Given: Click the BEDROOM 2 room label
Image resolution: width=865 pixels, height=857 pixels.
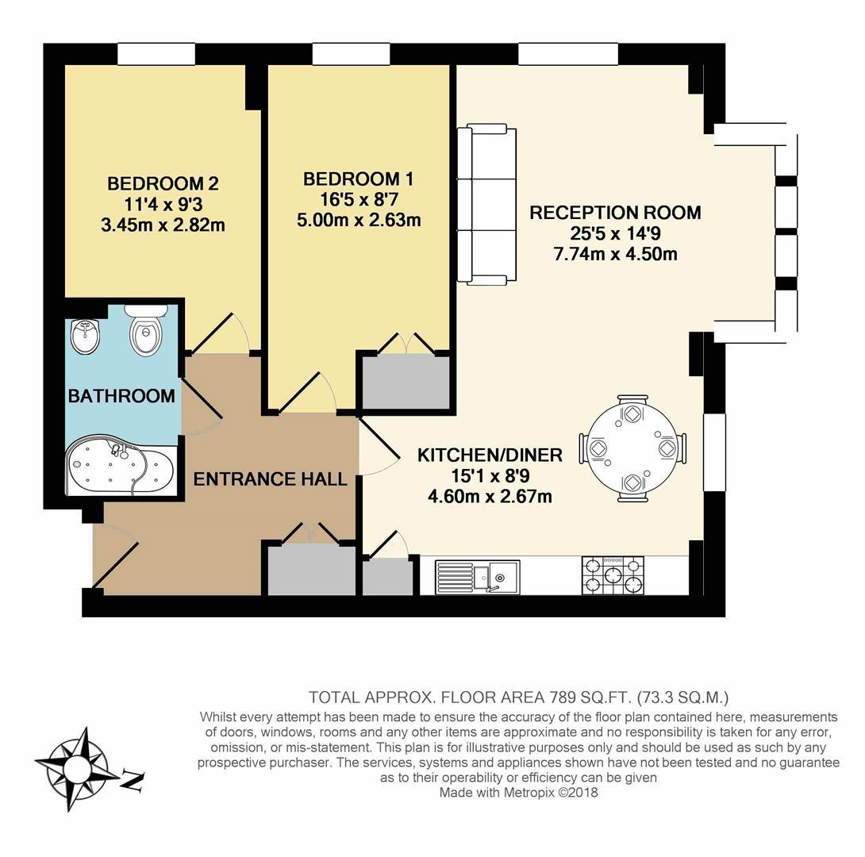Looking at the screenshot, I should (x=162, y=184).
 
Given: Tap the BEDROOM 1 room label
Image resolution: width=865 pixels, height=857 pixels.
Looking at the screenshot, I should (x=358, y=179).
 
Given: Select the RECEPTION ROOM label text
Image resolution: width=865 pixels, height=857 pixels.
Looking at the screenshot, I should (x=615, y=213).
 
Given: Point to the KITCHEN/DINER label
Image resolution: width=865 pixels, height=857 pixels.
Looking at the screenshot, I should (x=490, y=455).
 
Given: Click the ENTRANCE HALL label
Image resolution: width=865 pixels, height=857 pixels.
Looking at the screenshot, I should (x=270, y=479).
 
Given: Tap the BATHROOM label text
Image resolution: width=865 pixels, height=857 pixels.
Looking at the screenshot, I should (x=121, y=396).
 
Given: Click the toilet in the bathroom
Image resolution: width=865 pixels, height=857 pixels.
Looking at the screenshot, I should (x=146, y=331).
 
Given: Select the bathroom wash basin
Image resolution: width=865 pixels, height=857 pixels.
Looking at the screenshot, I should (x=85, y=336).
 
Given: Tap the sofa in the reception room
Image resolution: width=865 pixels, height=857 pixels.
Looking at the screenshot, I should (x=486, y=204).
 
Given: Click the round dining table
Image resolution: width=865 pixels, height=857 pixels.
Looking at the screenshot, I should (x=632, y=448).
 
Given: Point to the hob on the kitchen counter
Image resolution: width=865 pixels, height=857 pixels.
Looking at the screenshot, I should (x=613, y=575).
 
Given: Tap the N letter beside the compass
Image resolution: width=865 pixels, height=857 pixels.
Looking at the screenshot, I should (x=132, y=782).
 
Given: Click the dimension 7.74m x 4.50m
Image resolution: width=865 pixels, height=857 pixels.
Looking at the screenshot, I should (x=615, y=254).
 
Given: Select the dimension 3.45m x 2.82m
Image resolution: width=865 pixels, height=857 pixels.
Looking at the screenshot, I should (x=162, y=225).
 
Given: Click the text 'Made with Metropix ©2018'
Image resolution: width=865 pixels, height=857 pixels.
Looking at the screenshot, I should (x=518, y=792).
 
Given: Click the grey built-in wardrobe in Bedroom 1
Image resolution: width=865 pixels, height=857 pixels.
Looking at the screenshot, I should (x=406, y=382).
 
